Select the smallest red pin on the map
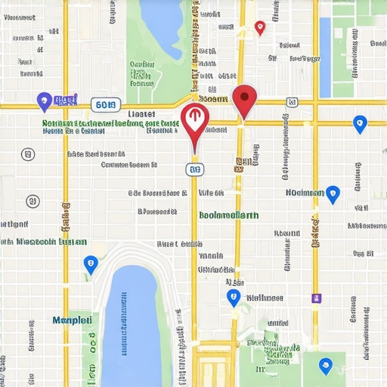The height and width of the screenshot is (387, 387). click(x=260, y=27)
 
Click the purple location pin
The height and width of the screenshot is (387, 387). click(x=44, y=100)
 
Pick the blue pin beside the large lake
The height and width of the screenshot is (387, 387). click(x=91, y=265)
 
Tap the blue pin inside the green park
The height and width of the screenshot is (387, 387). click(x=325, y=366)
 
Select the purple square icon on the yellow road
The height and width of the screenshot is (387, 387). click(x=316, y=299)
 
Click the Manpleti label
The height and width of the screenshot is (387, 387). click(x=73, y=320)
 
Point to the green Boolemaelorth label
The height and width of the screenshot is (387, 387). click(x=228, y=215)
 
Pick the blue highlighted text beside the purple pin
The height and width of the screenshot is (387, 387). click(x=67, y=100)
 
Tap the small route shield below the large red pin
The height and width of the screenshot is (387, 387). click(x=195, y=170)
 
